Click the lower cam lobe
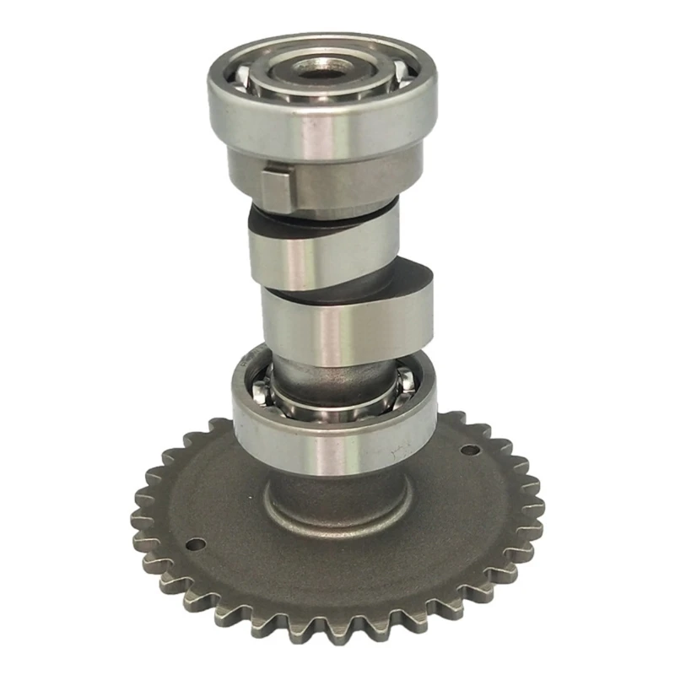[337, 321]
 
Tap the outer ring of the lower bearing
[333, 430]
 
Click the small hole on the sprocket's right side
[470, 450]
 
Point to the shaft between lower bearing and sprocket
[337, 481]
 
